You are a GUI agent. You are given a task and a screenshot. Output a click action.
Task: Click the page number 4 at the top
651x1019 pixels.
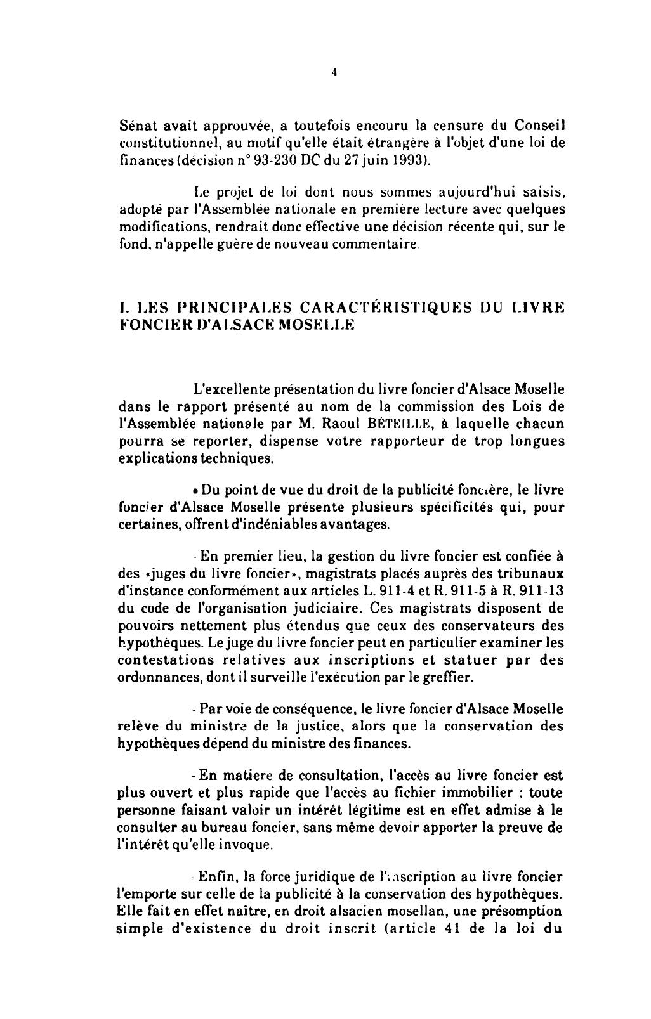(333, 72)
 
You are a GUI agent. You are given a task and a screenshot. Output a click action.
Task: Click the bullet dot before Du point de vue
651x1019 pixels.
(193, 491)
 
